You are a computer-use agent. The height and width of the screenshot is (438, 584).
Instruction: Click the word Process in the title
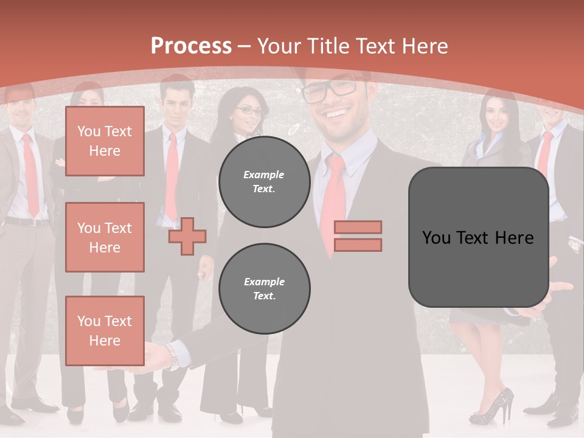(x=191, y=46)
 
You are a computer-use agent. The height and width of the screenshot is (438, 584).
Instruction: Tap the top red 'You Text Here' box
(x=105, y=141)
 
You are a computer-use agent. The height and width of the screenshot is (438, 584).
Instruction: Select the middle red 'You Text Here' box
(x=105, y=237)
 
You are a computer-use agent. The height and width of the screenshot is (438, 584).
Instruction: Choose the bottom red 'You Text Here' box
(x=105, y=331)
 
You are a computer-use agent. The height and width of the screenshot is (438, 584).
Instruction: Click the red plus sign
(x=187, y=236)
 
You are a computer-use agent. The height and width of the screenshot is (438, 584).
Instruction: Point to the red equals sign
(x=358, y=236)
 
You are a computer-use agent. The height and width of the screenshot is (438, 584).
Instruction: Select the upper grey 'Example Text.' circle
(x=264, y=181)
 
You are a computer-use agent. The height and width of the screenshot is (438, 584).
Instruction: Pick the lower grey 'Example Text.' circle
(x=264, y=288)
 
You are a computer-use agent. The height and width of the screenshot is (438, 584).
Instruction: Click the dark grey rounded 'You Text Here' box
(x=478, y=237)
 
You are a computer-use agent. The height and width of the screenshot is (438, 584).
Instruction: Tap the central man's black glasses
(x=329, y=90)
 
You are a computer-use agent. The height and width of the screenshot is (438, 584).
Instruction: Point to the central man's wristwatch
(x=175, y=358)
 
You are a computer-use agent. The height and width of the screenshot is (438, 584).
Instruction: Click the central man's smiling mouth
(x=338, y=114)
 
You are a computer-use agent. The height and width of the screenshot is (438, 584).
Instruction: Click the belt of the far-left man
(x=27, y=221)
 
